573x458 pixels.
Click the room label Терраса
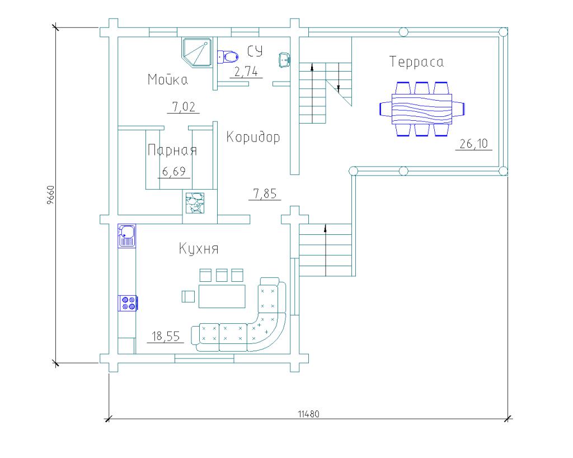click(x=416, y=62)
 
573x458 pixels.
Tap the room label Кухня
click(x=199, y=248)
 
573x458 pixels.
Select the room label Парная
click(x=172, y=150)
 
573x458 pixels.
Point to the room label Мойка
click(x=167, y=79)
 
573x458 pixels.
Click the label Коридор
click(x=253, y=137)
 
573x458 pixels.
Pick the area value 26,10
click(x=473, y=144)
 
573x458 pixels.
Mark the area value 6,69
click(x=174, y=171)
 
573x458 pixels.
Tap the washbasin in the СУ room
click(x=284, y=59)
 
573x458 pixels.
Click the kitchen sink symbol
click(x=126, y=235)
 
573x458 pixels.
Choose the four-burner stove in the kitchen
click(x=128, y=303)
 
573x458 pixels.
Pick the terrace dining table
click(x=422, y=108)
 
